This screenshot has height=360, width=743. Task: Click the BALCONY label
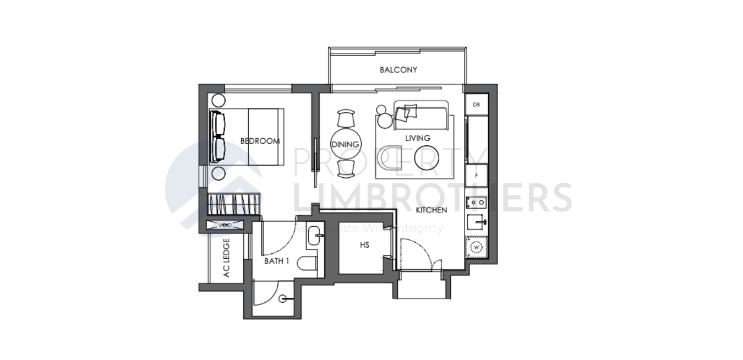(x=398, y=70)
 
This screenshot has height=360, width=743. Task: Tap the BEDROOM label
(x=260, y=141)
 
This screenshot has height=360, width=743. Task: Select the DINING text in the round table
(x=345, y=145)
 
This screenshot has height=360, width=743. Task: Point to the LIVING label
(x=418, y=138)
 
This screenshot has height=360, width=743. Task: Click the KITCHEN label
(x=431, y=210)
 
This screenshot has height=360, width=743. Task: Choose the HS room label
(x=364, y=246)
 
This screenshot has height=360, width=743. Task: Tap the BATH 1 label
(x=276, y=261)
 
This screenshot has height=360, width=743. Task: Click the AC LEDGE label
(x=226, y=257)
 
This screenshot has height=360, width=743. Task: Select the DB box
(x=476, y=105)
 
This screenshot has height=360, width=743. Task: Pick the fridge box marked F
(x=476, y=176)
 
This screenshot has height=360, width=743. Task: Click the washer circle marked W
(x=477, y=248)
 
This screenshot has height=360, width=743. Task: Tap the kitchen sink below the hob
(x=477, y=222)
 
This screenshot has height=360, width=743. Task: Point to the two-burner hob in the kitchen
(x=477, y=202)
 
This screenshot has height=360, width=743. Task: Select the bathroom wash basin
(x=315, y=237)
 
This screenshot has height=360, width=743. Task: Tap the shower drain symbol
(x=283, y=299)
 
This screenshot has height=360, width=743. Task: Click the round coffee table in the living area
(x=427, y=157)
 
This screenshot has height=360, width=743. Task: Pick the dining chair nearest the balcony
(x=346, y=118)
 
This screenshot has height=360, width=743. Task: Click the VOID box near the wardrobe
(x=225, y=225)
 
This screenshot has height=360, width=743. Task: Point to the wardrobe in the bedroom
(x=233, y=205)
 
